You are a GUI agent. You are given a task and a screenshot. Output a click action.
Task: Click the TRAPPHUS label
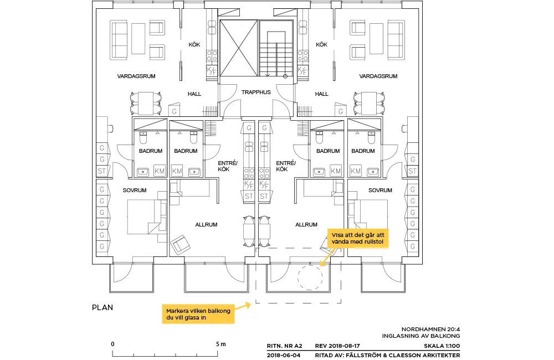click(x=256, y=92)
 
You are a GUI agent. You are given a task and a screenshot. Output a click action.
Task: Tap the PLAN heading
click(x=102, y=307)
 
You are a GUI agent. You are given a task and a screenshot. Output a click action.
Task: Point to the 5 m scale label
click(x=221, y=344)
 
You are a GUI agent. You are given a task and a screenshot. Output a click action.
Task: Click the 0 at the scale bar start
click(x=112, y=344)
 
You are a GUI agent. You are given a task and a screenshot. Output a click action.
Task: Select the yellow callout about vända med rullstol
click(x=358, y=239)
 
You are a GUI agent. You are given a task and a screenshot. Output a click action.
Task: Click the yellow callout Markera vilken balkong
click(x=198, y=314)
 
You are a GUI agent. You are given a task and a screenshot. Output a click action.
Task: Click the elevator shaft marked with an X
click(x=238, y=48)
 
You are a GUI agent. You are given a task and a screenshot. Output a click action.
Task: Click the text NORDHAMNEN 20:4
click(x=430, y=330)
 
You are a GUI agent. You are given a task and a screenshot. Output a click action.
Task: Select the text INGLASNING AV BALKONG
click(x=421, y=336)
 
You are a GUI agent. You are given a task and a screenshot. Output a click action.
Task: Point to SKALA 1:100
click(x=442, y=346)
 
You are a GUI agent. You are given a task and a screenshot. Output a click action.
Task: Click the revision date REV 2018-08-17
click(x=337, y=346)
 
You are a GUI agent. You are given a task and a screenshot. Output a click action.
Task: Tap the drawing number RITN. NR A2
click(x=284, y=346)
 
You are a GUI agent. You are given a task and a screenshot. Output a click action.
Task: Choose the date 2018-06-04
click(x=284, y=355)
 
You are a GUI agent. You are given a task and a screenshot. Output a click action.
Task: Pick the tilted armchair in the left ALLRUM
click(x=180, y=244)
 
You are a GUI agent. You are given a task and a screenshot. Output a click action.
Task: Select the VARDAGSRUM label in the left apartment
click(x=136, y=76)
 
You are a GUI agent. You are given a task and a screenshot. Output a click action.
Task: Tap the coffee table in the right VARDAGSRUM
click(x=376, y=39)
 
